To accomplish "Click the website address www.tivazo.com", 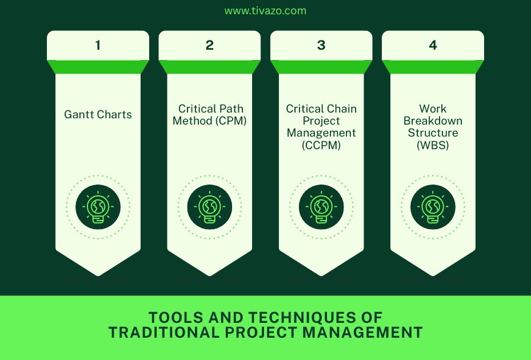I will pos(265,11).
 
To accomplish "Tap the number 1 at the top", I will pos(98,45).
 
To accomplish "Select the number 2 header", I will pos(210,45).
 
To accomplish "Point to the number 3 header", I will pos(321,45).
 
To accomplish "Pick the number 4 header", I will pos(433,45).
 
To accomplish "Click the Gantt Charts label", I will pos(98,114).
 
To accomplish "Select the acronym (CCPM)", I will pos(321,145).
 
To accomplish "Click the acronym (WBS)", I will pos(433,145).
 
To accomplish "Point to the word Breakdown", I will pos(433,121).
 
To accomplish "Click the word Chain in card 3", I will pos(341,109).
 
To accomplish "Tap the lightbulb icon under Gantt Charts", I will pos(98,207).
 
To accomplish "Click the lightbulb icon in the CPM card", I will pos(210,207).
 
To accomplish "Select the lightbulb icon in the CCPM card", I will pos(321,207).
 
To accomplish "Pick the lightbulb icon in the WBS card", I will pos(433,207).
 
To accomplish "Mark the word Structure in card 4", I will pos(433,133).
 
